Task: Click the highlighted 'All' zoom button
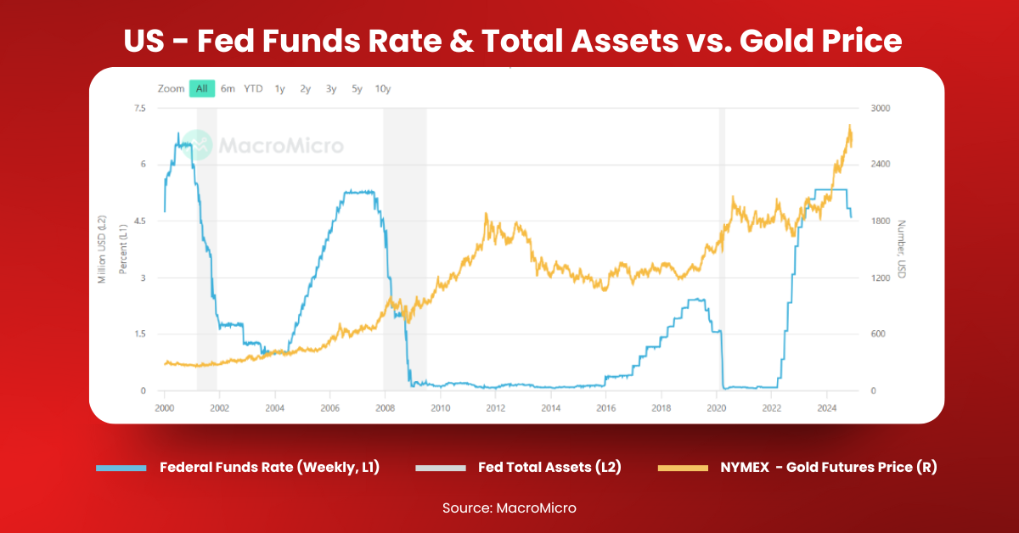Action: click(x=201, y=88)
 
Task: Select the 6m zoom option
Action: click(x=228, y=88)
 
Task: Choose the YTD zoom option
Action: click(x=253, y=88)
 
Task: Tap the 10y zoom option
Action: click(x=382, y=88)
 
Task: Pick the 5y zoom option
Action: click(x=357, y=88)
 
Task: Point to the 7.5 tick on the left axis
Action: click(x=139, y=109)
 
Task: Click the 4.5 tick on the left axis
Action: click(x=139, y=222)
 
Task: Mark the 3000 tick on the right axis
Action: click(x=881, y=109)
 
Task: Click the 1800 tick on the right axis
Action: click(x=881, y=222)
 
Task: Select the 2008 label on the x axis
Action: click(x=386, y=408)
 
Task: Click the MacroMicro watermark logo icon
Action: click(x=198, y=145)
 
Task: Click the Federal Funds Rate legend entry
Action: click(x=268, y=467)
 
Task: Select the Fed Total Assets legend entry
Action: click(x=549, y=467)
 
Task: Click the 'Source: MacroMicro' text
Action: click(x=509, y=508)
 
